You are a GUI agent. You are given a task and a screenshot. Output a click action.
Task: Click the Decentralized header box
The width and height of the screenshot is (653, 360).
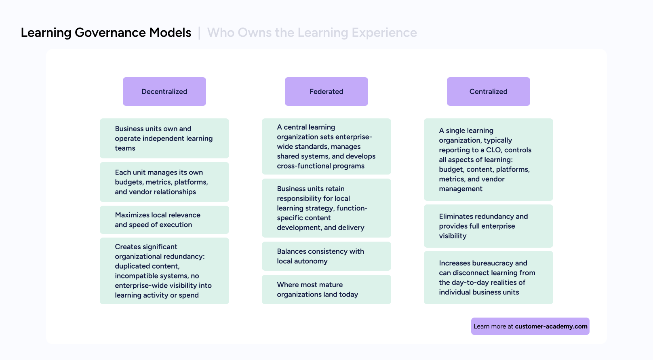click(x=164, y=92)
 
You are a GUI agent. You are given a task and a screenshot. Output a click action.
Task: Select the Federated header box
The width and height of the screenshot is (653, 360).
click(x=326, y=92)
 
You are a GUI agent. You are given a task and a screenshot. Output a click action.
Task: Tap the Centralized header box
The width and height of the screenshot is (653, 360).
click(x=488, y=92)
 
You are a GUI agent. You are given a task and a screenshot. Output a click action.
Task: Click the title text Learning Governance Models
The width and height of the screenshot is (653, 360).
click(x=106, y=33)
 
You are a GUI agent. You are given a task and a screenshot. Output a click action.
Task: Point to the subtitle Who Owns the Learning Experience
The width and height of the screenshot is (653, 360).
click(x=312, y=33)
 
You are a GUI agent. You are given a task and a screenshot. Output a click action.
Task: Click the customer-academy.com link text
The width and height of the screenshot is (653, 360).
click(x=551, y=326)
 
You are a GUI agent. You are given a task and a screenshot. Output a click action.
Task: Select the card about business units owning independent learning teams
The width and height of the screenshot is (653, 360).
click(x=164, y=138)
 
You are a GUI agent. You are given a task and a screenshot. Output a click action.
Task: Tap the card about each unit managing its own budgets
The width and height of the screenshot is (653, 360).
click(x=164, y=182)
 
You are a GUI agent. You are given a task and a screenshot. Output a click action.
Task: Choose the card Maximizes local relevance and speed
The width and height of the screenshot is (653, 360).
click(x=164, y=220)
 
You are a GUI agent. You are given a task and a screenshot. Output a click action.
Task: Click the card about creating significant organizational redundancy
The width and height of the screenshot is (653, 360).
click(x=164, y=271)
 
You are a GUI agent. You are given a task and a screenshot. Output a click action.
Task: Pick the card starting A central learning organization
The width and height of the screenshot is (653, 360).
click(x=326, y=146)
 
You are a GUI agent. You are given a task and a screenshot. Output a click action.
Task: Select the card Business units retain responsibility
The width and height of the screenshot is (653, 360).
click(x=326, y=208)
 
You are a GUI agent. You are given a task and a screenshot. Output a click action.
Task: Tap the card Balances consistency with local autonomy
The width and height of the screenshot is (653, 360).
click(x=326, y=256)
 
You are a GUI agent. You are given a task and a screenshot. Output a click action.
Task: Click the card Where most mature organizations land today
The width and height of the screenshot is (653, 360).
click(x=326, y=289)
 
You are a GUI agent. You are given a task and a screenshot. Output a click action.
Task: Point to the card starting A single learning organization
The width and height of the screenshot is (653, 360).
click(x=488, y=160)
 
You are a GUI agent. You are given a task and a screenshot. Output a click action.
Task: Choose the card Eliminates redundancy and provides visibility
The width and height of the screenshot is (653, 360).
click(x=488, y=226)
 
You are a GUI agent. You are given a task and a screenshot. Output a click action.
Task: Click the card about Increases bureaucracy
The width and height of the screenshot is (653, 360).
click(x=488, y=278)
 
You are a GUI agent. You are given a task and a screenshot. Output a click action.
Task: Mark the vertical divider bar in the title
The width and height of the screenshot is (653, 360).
click(x=199, y=33)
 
